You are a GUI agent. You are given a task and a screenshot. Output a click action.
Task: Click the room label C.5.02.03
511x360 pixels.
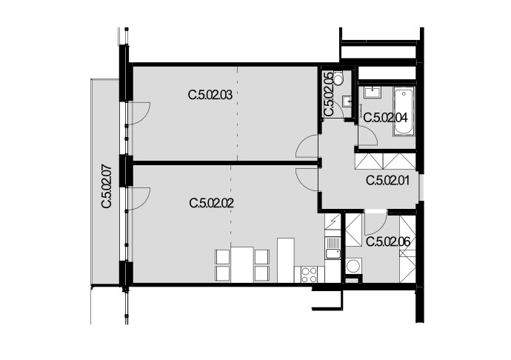[x=210, y=96]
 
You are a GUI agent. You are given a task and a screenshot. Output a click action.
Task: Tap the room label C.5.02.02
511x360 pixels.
[x=212, y=204]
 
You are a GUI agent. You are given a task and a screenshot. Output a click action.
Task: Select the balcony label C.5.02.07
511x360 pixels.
[x=107, y=187]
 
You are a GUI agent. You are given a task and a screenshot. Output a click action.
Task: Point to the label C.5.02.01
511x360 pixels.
[x=388, y=180]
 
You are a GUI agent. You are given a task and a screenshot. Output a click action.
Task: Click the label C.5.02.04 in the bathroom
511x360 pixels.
[x=386, y=117]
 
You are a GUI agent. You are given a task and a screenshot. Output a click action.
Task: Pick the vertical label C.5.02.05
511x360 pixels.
[x=329, y=94]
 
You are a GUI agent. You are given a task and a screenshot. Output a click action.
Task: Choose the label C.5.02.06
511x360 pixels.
[x=388, y=242]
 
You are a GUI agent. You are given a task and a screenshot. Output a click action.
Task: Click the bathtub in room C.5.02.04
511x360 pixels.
[x=404, y=111]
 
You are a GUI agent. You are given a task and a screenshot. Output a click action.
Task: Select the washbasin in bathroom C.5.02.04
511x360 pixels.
[x=373, y=93]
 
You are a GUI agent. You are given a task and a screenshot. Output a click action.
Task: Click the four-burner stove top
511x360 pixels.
[x=310, y=275]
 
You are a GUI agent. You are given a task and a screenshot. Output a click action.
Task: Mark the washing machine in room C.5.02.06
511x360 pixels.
[x=353, y=265]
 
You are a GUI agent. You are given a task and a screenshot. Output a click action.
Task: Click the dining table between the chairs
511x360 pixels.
[x=242, y=264]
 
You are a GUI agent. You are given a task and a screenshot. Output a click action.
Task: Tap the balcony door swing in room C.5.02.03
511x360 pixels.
[x=139, y=113]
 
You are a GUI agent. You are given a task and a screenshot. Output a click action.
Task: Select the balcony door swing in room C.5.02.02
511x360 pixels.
[x=139, y=199]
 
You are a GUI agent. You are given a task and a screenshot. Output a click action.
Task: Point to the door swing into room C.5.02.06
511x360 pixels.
[x=375, y=224]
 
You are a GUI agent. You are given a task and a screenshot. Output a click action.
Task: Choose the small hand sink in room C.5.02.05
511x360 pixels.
[x=348, y=101]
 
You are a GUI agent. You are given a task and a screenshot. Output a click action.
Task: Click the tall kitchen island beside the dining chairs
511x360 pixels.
[x=286, y=260]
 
